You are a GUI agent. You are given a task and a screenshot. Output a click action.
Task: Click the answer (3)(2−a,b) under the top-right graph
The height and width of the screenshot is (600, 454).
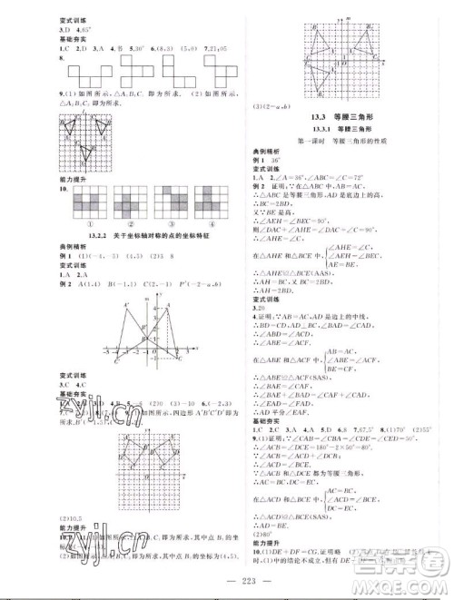(269, 107)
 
